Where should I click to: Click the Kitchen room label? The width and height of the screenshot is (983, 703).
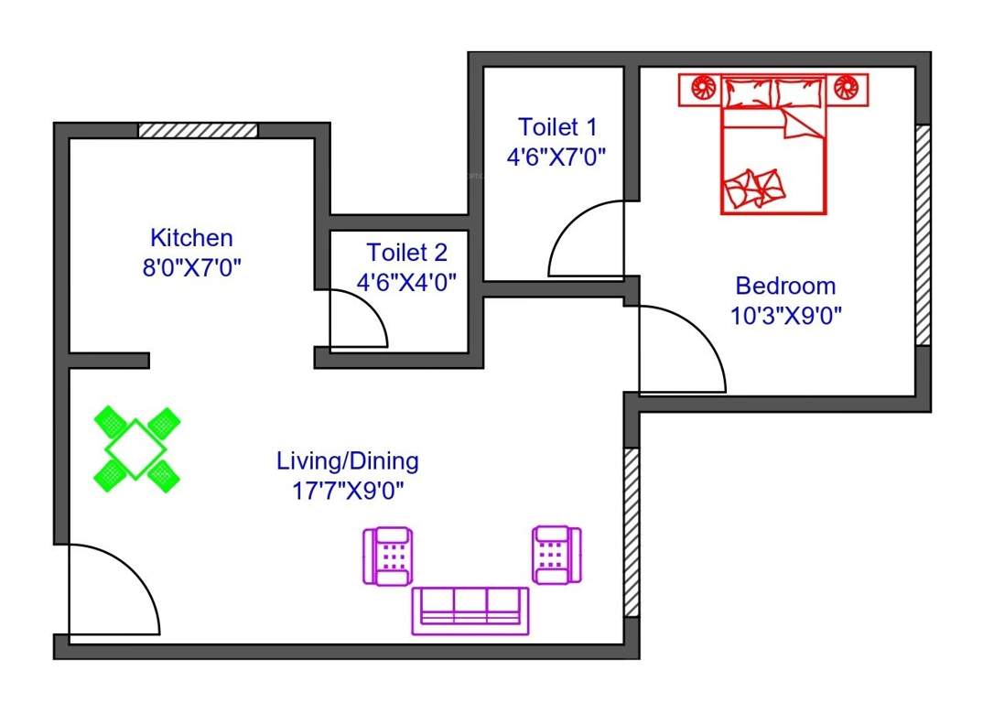(191, 238)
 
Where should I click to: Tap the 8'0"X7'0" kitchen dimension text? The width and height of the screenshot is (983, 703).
(191, 268)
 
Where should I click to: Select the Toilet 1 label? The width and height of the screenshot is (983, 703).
(557, 126)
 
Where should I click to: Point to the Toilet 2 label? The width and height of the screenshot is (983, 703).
(406, 252)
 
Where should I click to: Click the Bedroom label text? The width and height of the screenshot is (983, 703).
(785, 286)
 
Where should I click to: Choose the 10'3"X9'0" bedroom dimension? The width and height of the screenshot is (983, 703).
(785, 316)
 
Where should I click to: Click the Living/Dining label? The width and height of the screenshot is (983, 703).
(348, 460)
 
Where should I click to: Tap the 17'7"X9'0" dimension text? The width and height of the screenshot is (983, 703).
(348, 490)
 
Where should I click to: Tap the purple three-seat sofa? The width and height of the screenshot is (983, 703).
(470, 611)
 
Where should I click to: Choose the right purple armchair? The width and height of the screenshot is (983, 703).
(556, 555)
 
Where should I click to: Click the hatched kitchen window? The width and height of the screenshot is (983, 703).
(198, 130)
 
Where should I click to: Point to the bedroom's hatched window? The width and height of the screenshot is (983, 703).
(923, 234)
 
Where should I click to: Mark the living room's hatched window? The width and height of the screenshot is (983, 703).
(632, 532)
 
